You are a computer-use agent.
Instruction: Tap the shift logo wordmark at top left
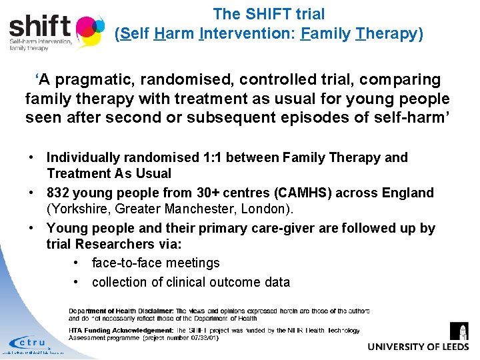tap(40, 27)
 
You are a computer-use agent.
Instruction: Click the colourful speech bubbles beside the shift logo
tap(89, 30)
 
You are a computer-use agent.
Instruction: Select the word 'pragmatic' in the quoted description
tap(96, 80)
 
